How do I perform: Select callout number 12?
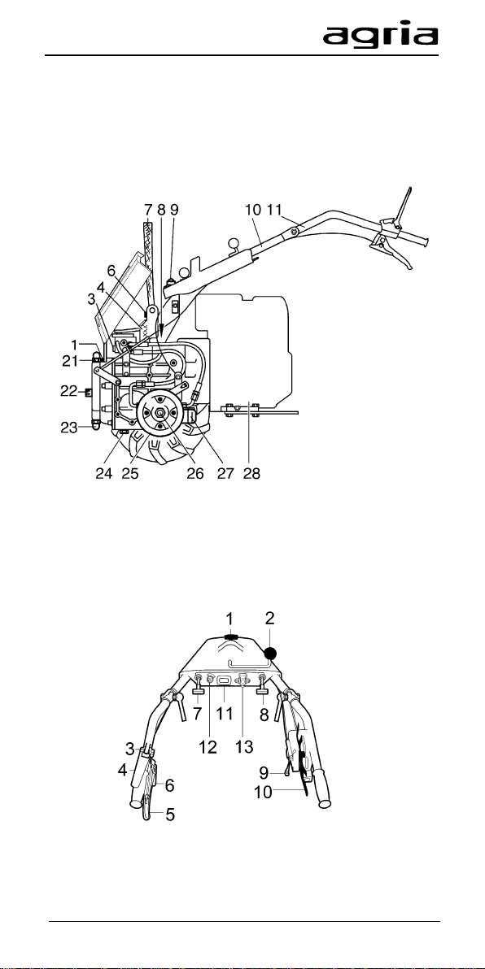pos(208,747)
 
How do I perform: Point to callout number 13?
pos(245,747)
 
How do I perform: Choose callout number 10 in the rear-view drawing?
pos(264,792)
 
